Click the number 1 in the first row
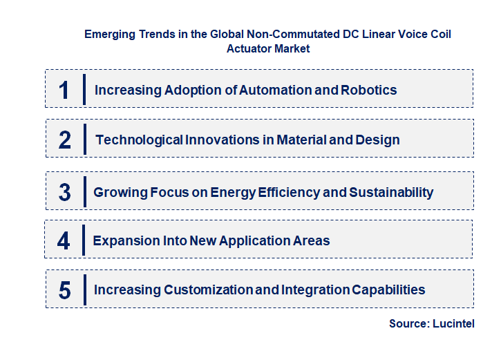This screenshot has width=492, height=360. (64, 90)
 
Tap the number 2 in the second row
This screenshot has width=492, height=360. (65, 140)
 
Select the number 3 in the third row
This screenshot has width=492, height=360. (64, 192)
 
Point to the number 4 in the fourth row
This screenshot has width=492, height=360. (64, 240)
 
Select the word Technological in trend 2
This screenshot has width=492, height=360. (140, 140)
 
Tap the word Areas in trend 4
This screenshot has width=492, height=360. (312, 240)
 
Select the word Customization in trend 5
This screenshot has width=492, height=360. (209, 290)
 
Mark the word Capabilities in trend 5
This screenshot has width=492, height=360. (387, 290)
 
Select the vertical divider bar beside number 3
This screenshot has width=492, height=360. (84, 191)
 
